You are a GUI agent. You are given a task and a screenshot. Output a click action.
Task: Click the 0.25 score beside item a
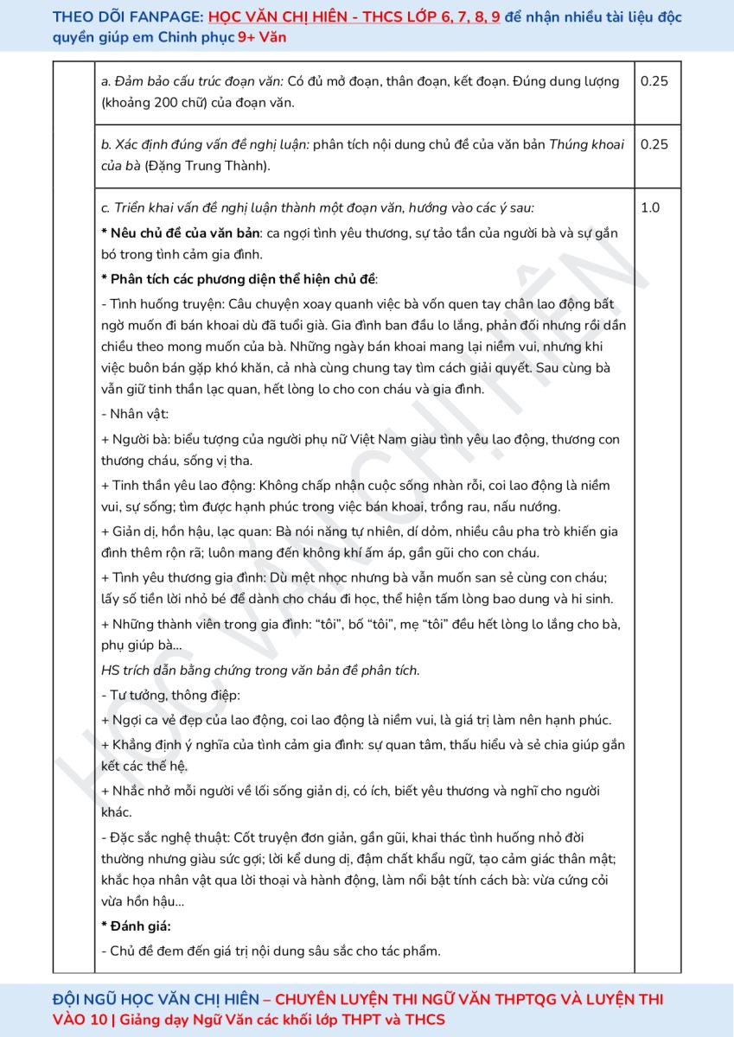[654, 81]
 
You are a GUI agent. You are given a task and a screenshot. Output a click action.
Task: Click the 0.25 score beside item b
[654, 144]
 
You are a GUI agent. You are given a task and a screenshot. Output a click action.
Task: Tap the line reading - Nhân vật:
[136, 415]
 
